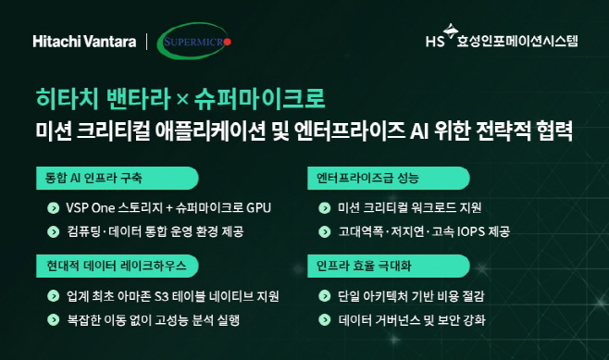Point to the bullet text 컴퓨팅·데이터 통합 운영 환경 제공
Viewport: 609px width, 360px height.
(x=155, y=230)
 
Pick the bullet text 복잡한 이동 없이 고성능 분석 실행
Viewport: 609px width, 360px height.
(x=154, y=320)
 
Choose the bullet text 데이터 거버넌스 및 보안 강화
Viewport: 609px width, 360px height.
(x=413, y=320)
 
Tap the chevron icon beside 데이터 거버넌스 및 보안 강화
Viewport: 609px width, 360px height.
(x=321, y=320)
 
